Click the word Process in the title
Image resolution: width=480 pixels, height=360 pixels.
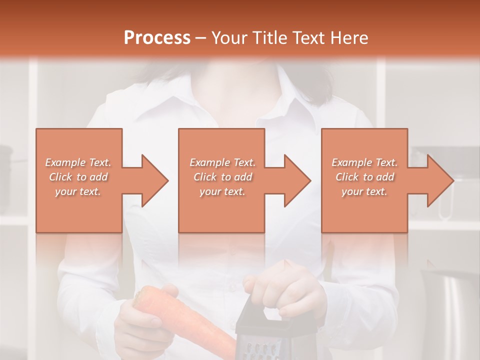pos(157,38)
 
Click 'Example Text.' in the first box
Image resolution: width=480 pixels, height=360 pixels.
pos(78,162)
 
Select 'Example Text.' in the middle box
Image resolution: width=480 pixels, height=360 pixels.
pos(222,162)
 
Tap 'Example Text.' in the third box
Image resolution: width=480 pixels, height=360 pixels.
pos(364,162)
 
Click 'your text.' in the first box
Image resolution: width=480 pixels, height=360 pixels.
pos(78,191)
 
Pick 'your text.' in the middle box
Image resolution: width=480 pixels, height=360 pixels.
pos(222,191)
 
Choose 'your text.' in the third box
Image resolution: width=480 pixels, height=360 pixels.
pos(364,191)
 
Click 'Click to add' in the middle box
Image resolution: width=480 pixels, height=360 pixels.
pos(222,177)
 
